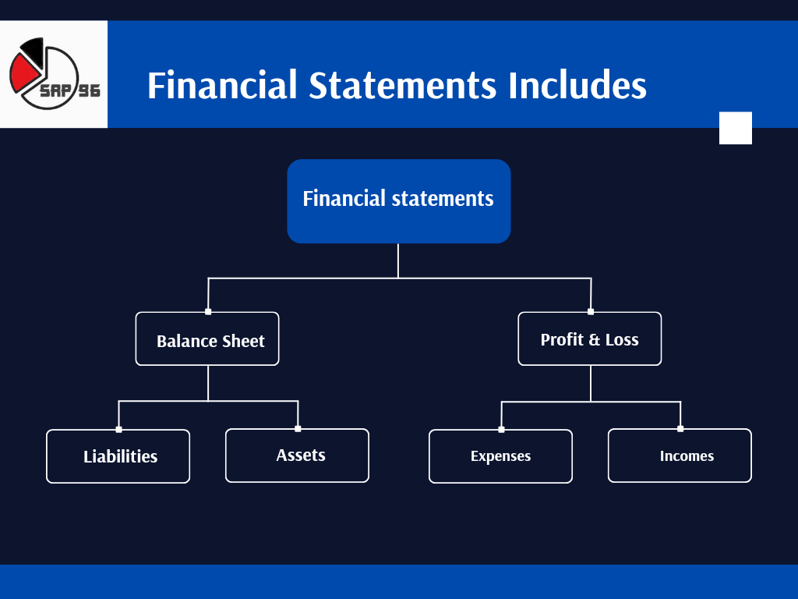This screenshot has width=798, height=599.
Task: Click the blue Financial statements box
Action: (398, 200)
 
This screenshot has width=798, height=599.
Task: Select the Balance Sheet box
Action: (207, 339)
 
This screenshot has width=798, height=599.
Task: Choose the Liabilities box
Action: (118, 456)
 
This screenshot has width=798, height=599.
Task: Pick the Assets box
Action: (297, 455)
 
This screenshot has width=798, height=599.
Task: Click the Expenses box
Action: (500, 456)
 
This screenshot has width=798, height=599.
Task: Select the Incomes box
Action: (680, 455)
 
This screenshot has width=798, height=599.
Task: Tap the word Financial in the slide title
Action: (222, 85)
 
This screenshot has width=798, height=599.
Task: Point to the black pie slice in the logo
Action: (33, 51)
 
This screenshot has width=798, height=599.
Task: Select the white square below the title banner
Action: (735, 128)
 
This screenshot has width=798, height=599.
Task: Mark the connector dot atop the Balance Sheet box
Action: (208, 311)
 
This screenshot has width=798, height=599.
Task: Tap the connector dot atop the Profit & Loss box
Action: (591, 311)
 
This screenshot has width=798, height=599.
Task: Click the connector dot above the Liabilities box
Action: (118, 429)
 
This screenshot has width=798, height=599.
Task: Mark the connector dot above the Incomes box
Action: (680, 428)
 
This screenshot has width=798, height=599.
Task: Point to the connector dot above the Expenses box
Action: (501, 429)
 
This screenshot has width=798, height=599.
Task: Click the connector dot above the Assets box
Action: (298, 428)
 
